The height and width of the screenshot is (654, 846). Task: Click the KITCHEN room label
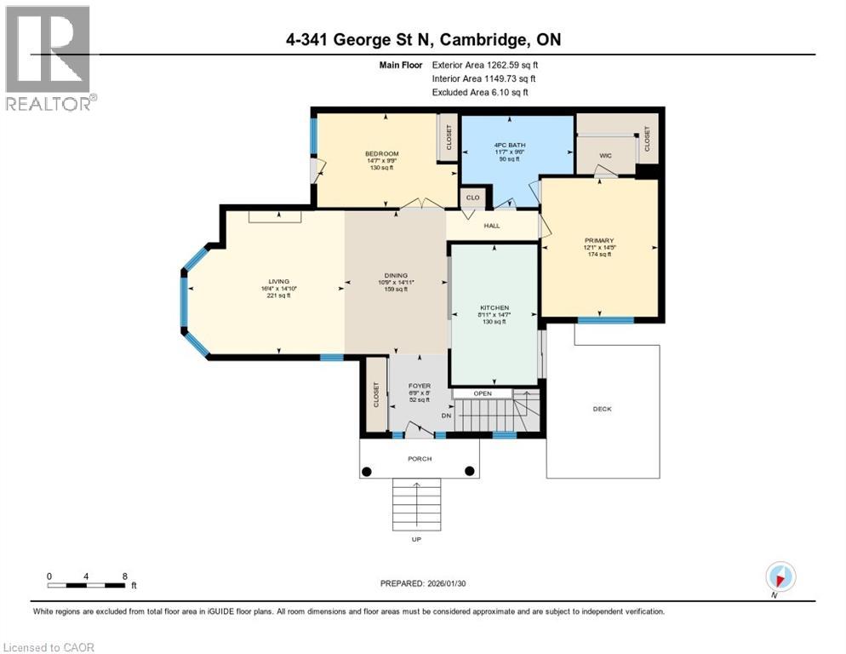click(x=494, y=307)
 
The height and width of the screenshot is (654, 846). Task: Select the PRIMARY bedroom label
click(x=599, y=241)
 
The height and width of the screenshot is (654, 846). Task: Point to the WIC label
click(x=606, y=155)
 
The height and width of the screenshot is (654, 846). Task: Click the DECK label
click(x=602, y=409)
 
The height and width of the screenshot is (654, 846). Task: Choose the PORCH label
click(x=419, y=458)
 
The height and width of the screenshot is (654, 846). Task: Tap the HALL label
click(x=492, y=226)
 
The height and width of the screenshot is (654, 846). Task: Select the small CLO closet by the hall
click(x=472, y=198)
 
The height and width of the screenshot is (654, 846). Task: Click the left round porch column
click(x=367, y=471)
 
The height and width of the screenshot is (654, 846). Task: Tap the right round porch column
click(x=469, y=471)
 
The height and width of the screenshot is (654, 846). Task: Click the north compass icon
click(x=780, y=577)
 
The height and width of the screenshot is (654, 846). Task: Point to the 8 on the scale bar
click(x=125, y=576)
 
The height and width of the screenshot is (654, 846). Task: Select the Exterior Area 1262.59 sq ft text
click(x=485, y=64)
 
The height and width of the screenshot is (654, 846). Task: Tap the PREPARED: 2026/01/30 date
click(x=423, y=583)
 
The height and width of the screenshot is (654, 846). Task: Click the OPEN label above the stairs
click(x=483, y=393)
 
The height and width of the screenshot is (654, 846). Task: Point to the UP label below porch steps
click(x=416, y=539)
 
